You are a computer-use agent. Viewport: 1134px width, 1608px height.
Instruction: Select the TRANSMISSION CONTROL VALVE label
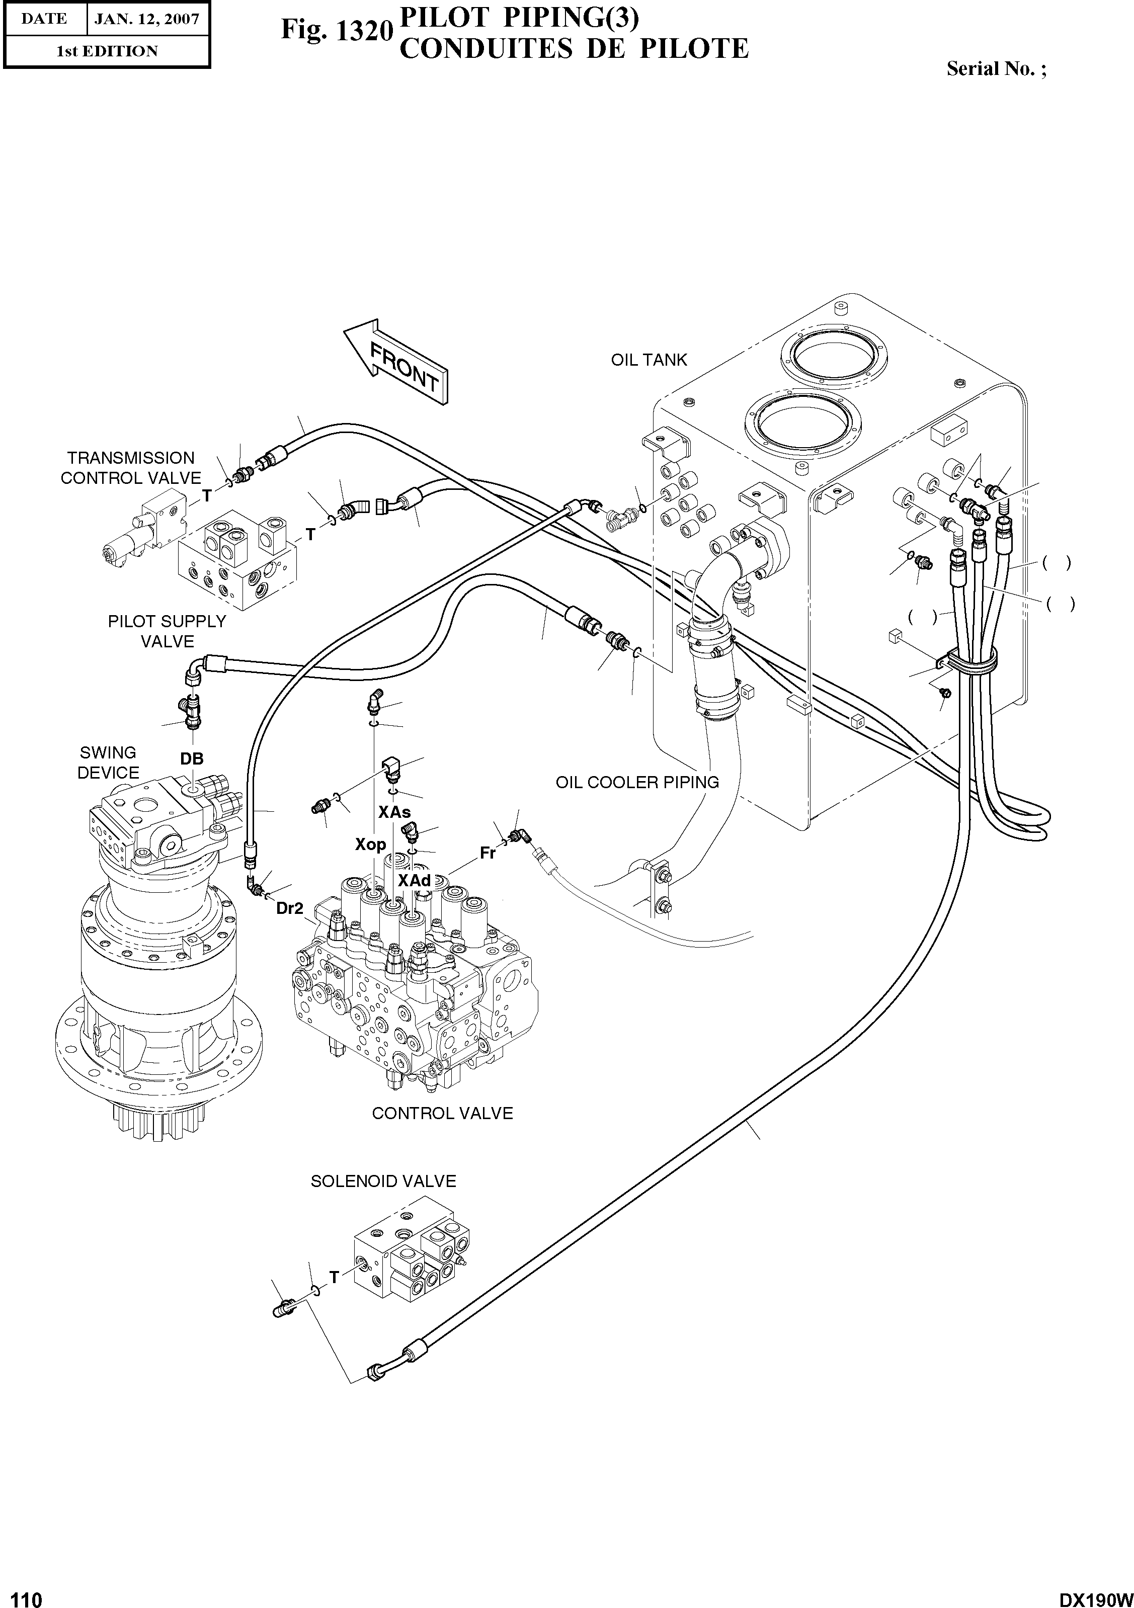130,468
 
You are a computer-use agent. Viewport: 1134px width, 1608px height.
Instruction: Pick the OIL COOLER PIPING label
637,782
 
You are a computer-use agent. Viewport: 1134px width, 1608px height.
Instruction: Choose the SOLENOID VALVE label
383,1181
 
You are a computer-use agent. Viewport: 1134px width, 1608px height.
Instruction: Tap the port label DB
192,759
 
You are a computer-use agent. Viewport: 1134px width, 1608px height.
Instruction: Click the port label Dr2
289,908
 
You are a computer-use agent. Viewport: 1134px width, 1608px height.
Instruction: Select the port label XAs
394,812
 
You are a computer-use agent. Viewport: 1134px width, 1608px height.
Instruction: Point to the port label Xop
370,844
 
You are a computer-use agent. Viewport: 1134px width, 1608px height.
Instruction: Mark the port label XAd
414,880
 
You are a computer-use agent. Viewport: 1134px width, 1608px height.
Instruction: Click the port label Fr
488,854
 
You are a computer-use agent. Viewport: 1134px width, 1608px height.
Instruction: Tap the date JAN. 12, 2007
147,19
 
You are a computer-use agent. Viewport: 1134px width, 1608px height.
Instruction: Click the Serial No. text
996,68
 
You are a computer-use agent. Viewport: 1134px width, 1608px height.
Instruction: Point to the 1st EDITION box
107,51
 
